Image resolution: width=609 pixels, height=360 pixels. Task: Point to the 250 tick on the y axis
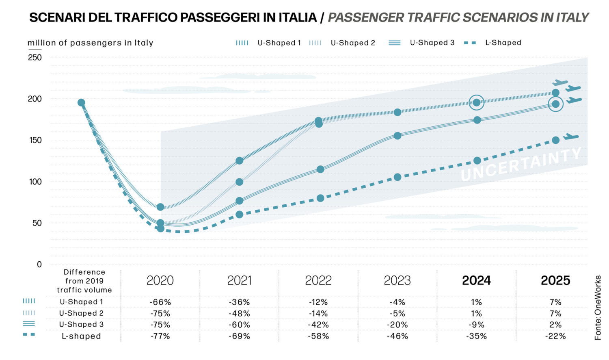[x=35, y=58]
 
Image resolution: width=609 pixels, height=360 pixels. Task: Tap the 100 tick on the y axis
[x=35, y=182]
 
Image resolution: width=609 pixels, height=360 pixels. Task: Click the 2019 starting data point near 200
[x=81, y=103]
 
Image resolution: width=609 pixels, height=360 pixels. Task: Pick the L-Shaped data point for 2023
[x=397, y=177]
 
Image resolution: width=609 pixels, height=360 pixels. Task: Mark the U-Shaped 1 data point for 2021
[x=240, y=160]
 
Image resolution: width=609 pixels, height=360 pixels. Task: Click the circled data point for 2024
[x=477, y=102]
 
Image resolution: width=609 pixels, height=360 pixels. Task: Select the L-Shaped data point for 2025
[x=556, y=140]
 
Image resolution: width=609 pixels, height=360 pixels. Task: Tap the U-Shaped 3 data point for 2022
[x=320, y=169]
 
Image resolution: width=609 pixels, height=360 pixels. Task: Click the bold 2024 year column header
[x=476, y=280]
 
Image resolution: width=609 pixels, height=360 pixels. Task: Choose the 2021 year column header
[x=239, y=280]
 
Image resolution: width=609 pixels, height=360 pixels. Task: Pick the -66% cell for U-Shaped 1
[x=160, y=302]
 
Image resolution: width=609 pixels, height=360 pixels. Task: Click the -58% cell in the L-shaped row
[x=318, y=336]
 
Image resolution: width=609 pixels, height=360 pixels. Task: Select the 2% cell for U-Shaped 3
[x=555, y=325]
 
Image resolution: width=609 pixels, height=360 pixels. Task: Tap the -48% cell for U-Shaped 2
[x=239, y=314]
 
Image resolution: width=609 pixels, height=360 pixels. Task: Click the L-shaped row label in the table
[x=81, y=336]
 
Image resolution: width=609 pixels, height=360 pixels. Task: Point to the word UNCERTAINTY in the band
[x=521, y=164]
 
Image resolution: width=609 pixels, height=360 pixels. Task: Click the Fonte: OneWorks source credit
[x=598, y=308]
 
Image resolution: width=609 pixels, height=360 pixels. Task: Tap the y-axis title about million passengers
[x=90, y=43]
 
